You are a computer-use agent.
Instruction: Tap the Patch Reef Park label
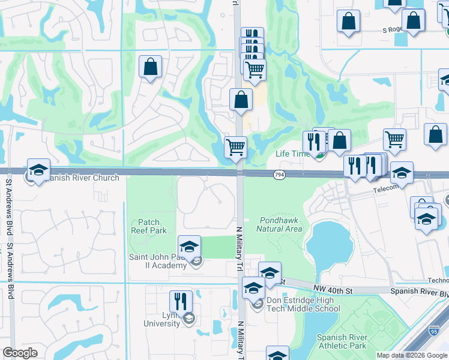pyautogui.click(x=148, y=226)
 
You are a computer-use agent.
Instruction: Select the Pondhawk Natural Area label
pyautogui.click(x=279, y=224)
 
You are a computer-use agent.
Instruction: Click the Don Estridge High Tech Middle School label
pyautogui.click(x=301, y=305)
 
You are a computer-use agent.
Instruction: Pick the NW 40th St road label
pyautogui.click(x=339, y=290)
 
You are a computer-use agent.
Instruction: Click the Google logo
pyautogui.click(x=20, y=353)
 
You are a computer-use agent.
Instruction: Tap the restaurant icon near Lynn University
pyautogui.click(x=181, y=301)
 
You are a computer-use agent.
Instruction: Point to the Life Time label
pyautogui.click(x=292, y=154)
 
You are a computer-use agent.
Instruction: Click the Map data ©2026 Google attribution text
pyautogui.click(x=412, y=355)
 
